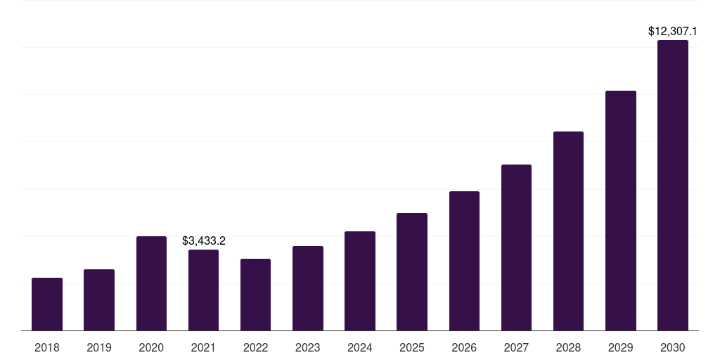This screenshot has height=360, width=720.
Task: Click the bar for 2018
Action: (x=47, y=304)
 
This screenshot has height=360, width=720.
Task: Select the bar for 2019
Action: (x=99, y=300)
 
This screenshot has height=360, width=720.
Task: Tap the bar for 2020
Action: (x=151, y=283)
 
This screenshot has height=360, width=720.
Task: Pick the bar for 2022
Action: (x=255, y=295)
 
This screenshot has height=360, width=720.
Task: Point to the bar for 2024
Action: (x=360, y=281)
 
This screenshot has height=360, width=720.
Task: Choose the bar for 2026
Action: (x=464, y=261)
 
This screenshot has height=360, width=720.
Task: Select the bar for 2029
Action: (x=621, y=210)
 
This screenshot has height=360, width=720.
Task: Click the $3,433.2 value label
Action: (x=204, y=241)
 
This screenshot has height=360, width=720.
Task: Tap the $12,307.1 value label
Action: (x=673, y=32)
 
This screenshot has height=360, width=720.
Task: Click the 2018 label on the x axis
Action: (x=47, y=347)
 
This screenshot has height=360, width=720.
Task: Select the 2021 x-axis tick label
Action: (x=204, y=347)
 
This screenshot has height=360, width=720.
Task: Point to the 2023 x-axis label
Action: (x=308, y=347)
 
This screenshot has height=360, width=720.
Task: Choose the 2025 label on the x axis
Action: (x=412, y=347)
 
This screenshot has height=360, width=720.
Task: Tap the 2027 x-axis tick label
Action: (x=516, y=347)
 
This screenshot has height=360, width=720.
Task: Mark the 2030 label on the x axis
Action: (x=673, y=347)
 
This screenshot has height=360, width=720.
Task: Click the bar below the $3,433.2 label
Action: (x=204, y=290)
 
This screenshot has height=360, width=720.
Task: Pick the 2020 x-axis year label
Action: (x=151, y=347)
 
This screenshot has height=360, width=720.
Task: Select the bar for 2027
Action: (x=516, y=247)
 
